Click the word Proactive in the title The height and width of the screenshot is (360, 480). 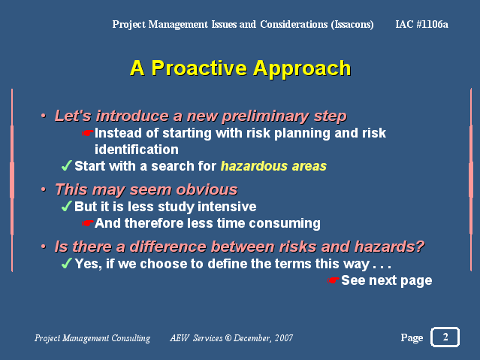tap(199, 68)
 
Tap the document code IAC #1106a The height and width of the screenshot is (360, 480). tap(421, 24)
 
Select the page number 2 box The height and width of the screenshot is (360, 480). tap(445, 337)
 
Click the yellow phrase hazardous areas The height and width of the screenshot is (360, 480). tap(273, 166)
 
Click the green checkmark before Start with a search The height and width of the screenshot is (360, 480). tap(67, 165)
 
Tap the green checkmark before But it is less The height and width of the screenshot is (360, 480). tap(67, 206)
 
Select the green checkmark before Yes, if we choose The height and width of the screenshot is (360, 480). tap(67, 263)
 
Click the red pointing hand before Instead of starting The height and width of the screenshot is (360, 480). tap(88, 133)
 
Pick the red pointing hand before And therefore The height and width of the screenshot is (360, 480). tap(88, 223)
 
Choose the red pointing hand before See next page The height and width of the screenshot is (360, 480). tap(333, 280)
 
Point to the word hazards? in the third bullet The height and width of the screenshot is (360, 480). tap(389, 247)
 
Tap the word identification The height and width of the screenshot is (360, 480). tap(137, 150)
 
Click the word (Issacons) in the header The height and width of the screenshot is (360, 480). tap(352, 25)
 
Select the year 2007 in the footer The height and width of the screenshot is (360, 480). tap(284, 338)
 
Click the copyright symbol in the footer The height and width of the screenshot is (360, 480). tap(228, 338)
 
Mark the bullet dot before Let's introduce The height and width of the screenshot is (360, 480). tap(44, 116)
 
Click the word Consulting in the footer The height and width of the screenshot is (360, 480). tap(131, 338)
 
